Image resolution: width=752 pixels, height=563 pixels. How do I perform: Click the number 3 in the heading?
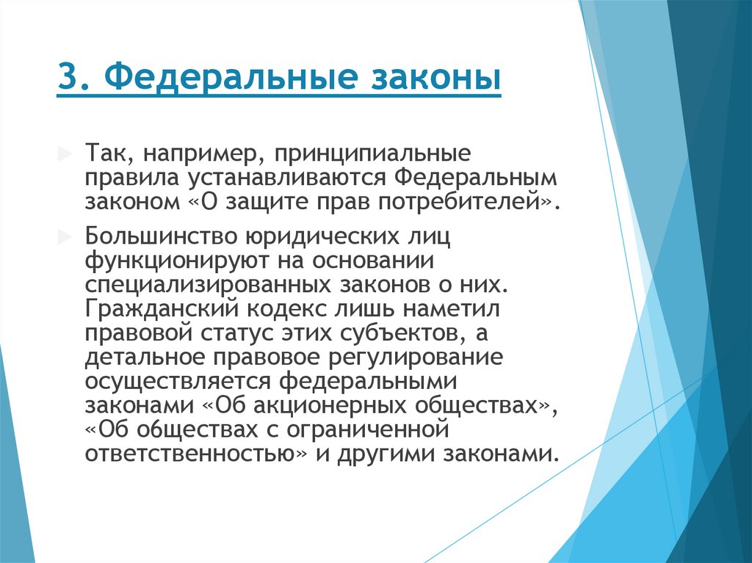tap(65, 79)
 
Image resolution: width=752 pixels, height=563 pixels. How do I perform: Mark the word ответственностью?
tap(195, 452)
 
